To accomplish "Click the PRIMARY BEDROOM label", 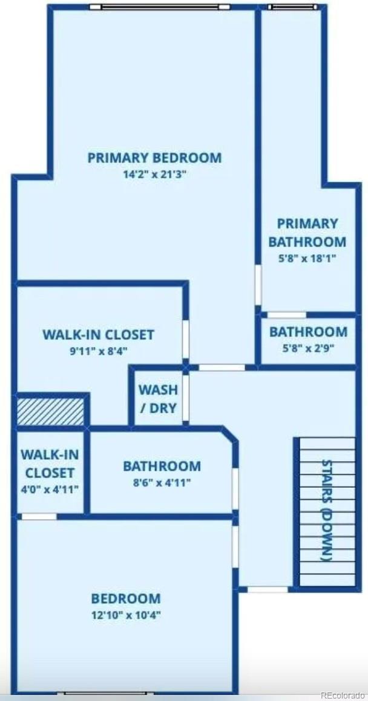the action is pyautogui.click(x=154, y=158).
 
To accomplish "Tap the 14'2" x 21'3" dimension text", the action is pyautogui.click(x=154, y=175).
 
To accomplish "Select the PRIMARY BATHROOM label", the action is pyautogui.click(x=307, y=233).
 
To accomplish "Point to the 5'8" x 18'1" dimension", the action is pyautogui.click(x=307, y=259).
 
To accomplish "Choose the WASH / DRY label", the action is pyautogui.click(x=158, y=398).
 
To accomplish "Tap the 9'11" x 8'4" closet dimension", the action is pyautogui.click(x=99, y=351).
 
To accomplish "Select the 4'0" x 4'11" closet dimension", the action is pyautogui.click(x=50, y=489).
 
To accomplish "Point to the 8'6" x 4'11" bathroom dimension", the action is pyautogui.click(x=162, y=483).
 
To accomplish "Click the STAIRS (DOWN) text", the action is pyautogui.click(x=327, y=510).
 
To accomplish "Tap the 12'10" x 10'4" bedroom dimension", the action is pyautogui.click(x=126, y=615).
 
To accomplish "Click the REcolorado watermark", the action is pyautogui.click(x=343, y=695).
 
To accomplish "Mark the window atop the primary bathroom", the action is pyautogui.click(x=293, y=7).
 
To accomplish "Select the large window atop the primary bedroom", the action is pyautogui.click(x=160, y=7).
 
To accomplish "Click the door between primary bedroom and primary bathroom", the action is pyautogui.click(x=258, y=285).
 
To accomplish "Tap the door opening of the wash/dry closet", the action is pyautogui.click(x=185, y=398).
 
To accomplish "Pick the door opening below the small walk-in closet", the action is pyautogui.click(x=39, y=517).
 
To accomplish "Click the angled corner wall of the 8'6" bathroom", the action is pyautogui.click(x=230, y=435).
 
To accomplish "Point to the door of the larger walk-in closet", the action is pyautogui.click(x=185, y=339).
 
